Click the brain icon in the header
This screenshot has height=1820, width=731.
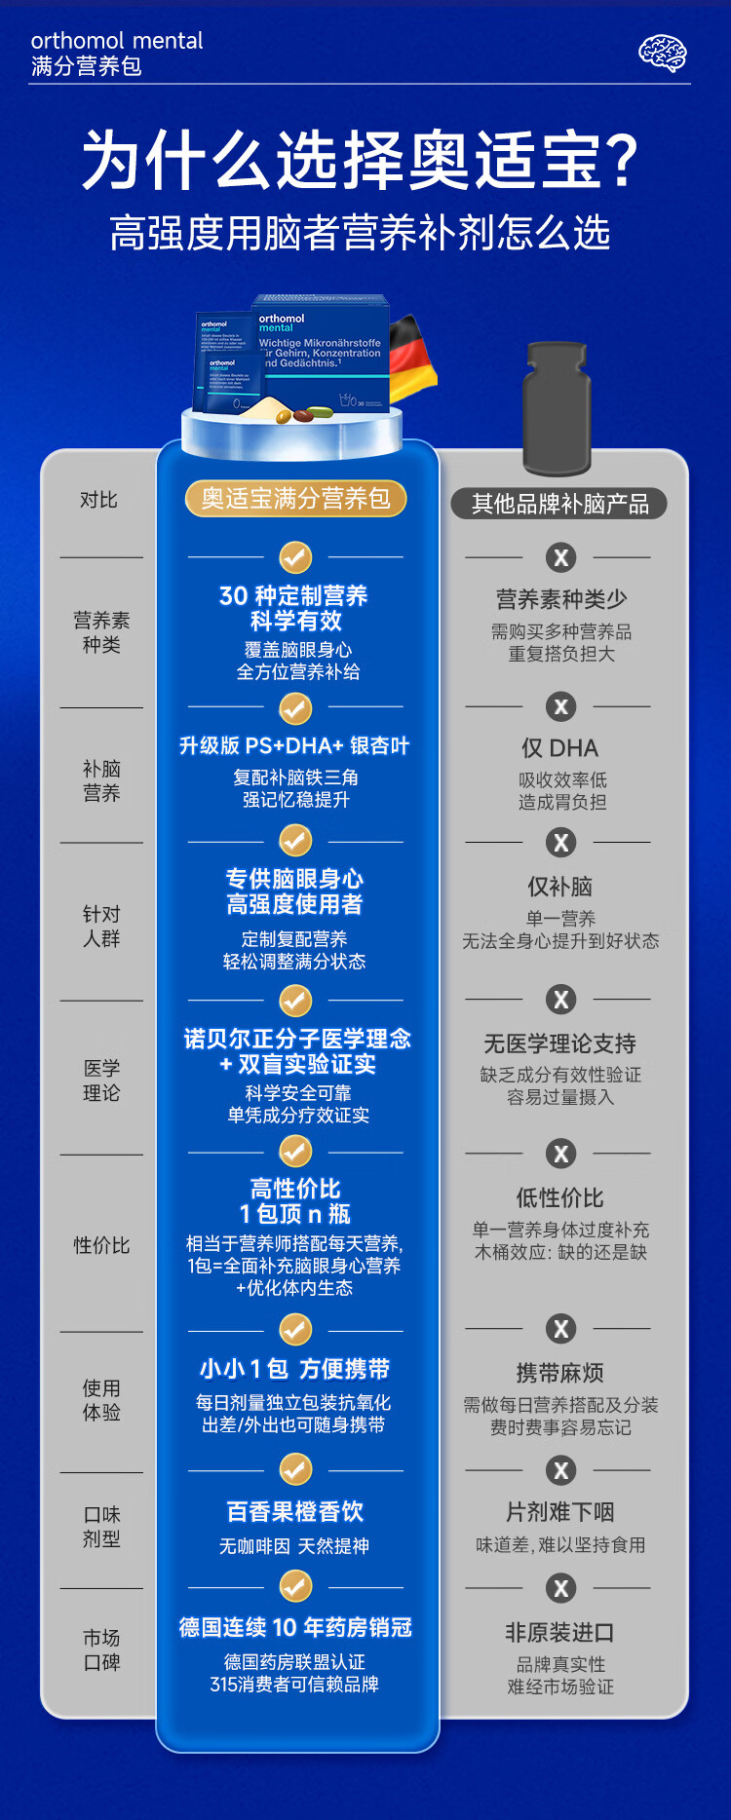coord(663,54)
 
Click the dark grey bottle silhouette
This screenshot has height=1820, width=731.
coord(557,409)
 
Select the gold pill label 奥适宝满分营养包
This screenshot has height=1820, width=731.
coord(295,499)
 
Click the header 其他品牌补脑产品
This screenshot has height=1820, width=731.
coord(559,504)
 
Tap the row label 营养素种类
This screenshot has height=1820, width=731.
coord(101,632)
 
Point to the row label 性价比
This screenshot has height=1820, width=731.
coord(101,1245)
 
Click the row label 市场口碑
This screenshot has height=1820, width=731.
coord(101,1649)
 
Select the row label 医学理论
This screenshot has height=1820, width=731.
coord(101,1081)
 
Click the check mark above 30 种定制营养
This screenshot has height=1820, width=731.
coord(295,557)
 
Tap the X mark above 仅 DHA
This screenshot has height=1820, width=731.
coord(560,706)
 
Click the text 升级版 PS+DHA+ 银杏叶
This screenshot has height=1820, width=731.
coord(294,745)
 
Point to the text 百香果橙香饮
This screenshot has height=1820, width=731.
coord(294,1511)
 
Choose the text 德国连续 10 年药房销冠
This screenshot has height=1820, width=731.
coord(294,1627)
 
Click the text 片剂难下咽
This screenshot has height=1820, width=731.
coord(559,1512)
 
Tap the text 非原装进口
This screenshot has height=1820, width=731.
coord(559,1632)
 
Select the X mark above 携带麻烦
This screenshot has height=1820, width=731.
coord(560,1328)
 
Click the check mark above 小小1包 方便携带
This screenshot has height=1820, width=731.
coord(295,1330)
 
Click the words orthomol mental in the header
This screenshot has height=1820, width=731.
coord(117,41)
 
